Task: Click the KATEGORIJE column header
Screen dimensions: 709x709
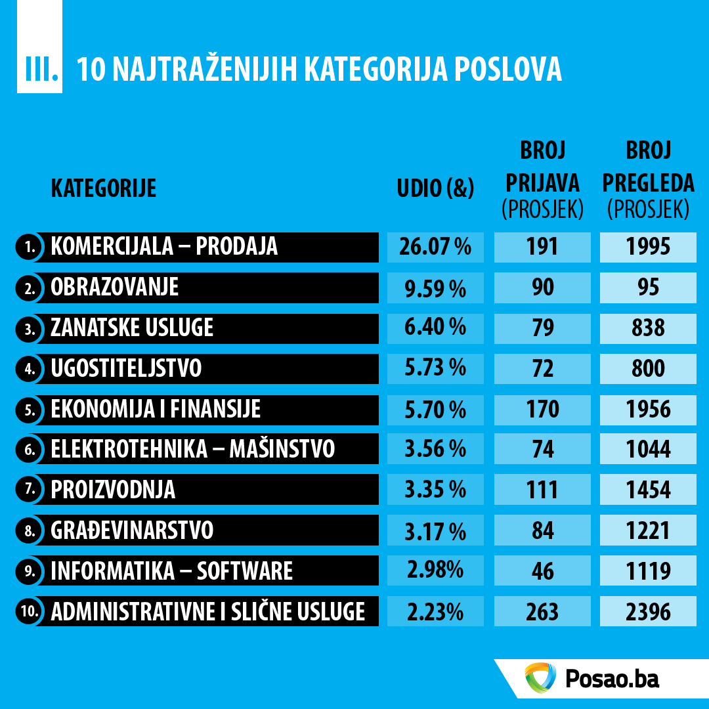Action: click(x=104, y=188)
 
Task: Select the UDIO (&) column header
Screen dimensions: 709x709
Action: click(x=435, y=188)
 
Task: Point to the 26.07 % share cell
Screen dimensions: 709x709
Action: click(x=435, y=247)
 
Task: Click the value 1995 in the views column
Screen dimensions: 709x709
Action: click(x=648, y=247)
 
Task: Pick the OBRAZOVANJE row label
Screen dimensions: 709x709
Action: click(x=115, y=288)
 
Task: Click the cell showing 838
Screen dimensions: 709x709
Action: click(x=648, y=328)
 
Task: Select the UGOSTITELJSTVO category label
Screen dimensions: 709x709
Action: click(x=126, y=369)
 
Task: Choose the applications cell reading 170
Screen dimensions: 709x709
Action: click(x=542, y=410)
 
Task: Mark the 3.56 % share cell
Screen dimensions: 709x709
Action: click(x=435, y=450)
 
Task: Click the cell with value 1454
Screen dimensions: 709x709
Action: click(x=648, y=490)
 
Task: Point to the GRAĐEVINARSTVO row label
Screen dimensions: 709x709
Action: click(x=132, y=530)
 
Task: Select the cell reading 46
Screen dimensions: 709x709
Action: click(x=542, y=571)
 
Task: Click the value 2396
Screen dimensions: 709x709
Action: click(x=648, y=612)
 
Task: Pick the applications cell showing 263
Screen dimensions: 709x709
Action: click(x=542, y=612)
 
